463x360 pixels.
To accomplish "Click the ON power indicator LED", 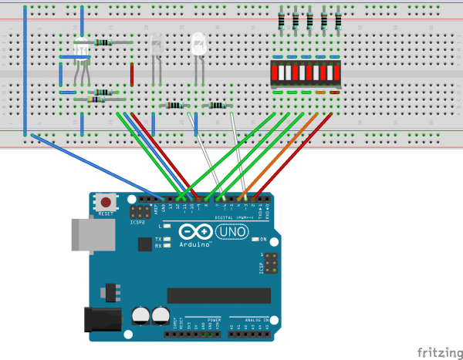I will coord(256,239).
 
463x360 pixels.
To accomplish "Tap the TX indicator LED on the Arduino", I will coord(166,238).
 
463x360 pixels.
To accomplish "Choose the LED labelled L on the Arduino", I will coord(166,227).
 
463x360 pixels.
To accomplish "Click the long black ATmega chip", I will coord(218,295).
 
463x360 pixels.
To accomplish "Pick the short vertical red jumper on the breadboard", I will coord(132,74).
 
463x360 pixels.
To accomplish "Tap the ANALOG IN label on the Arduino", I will coord(257,318).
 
